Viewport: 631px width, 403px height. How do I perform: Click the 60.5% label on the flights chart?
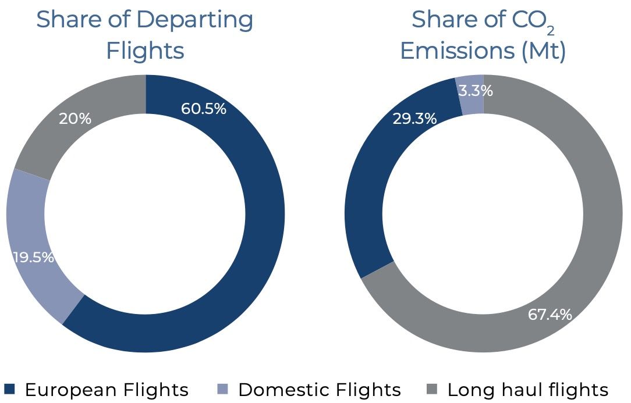pos(203,108)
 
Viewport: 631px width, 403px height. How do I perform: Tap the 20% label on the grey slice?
pos(75,119)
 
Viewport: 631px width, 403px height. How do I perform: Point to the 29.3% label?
pos(414,119)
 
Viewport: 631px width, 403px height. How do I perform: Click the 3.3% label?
pos(476,91)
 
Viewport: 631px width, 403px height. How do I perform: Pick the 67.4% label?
pos(550,315)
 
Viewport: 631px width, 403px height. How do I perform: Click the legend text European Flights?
pos(107,390)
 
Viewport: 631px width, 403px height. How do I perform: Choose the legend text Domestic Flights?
pos(320,390)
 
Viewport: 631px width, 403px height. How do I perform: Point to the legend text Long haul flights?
pos(527,390)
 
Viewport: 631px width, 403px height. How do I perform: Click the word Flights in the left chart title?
pos(145,51)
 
